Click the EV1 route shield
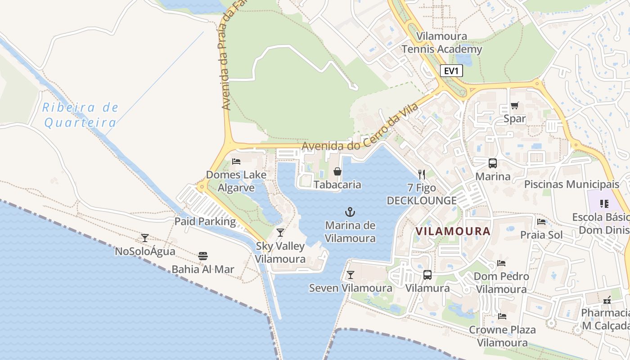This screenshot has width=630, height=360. click(451, 71)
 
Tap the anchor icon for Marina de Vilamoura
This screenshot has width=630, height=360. click(350, 211)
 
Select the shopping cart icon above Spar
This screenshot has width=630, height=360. click(515, 106)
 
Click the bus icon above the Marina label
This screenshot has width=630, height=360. click(493, 163)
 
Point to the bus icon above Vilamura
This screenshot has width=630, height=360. click(427, 274)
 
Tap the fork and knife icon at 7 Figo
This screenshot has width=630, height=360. click(422, 174)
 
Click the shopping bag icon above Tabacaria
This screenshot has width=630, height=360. click(337, 171)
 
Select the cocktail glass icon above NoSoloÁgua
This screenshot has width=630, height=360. click(145, 238)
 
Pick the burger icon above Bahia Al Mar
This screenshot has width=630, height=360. click(203, 256)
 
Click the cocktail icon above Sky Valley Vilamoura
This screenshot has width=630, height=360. click(280, 233)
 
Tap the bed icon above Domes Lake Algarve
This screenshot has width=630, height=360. click(236, 162)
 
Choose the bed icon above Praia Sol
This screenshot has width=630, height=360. click(541, 221)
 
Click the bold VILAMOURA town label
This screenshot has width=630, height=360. click(453, 231)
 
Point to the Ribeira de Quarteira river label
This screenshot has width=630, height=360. click(80, 115)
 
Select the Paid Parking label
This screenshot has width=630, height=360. click(205, 221)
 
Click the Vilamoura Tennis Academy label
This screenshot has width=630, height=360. click(441, 43)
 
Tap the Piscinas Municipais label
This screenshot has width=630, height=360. click(571, 184)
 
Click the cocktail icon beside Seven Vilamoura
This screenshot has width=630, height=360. click(351, 274)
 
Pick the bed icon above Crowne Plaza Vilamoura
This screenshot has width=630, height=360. click(502, 316)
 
